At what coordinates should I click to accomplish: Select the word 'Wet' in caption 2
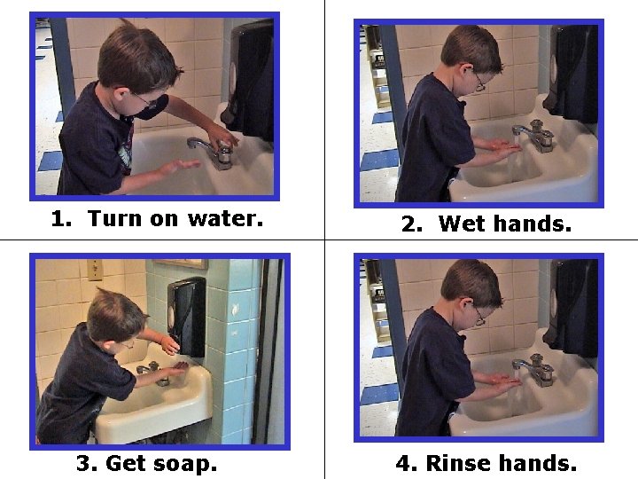462,224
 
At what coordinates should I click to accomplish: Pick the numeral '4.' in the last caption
407,463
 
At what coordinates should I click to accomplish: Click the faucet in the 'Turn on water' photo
214,151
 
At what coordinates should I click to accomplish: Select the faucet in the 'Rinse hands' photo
535,367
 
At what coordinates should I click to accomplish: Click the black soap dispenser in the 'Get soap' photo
187,315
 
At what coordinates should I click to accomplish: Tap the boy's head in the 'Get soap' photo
115,312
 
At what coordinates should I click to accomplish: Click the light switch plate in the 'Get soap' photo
94,269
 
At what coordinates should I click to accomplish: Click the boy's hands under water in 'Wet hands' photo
504,150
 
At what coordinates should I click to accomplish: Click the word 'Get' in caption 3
124,463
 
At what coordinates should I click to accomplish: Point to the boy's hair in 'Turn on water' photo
133,53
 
